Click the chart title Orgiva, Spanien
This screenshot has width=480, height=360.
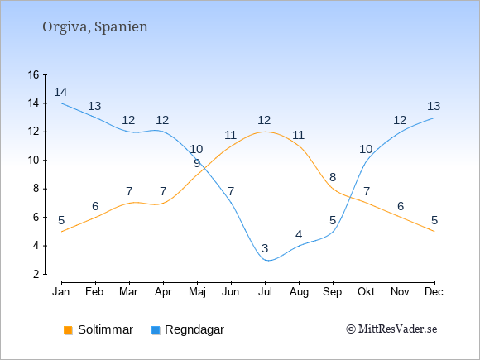[x=95, y=26]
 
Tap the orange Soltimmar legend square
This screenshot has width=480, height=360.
[x=68, y=330]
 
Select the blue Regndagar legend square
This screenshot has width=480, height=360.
[x=156, y=330]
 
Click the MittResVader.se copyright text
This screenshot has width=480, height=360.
[x=391, y=329]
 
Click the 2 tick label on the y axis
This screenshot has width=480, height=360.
[x=36, y=274]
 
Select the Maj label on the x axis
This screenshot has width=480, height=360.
[x=197, y=292]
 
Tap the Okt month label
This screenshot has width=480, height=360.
[x=366, y=292]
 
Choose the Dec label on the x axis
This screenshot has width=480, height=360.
[x=434, y=292]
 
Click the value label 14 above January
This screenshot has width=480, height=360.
[x=60, y=92]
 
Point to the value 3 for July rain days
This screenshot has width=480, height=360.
[x=265, y=248]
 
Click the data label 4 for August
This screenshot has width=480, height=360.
[x=299, y=234]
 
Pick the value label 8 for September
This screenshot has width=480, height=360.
[x=333, y=177]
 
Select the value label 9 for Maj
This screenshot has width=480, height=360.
[x=197, y=164]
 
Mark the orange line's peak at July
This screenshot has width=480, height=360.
[x=265, y=132]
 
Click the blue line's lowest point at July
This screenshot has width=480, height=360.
[x=268, y=261]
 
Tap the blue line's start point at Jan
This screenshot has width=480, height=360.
[x=62, y=103]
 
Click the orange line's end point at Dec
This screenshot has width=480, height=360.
[x=434, y=232]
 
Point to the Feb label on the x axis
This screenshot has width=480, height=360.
[x=94, y=292]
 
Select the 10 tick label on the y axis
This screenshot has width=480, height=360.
[x=34, y=160]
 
